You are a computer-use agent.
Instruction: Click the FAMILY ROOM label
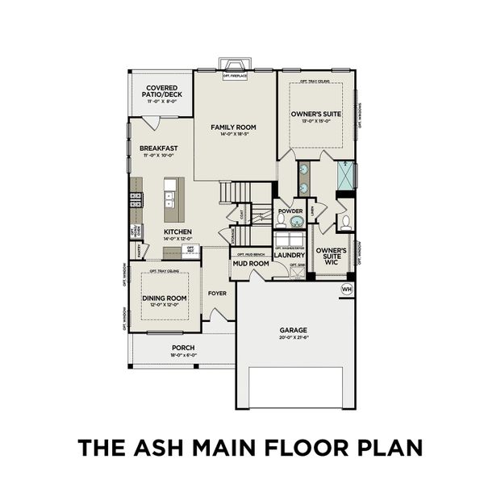233,127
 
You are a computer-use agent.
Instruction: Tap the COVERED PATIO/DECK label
163,91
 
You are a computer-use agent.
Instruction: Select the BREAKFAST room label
158,148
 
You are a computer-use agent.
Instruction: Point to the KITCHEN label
177,232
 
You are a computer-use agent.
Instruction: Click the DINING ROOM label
165,298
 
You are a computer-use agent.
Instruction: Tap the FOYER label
217,293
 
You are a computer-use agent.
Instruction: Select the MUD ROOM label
250,263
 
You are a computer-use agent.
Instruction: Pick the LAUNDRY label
289,256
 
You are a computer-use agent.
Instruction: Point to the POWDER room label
290,211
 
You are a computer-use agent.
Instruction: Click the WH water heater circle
348,289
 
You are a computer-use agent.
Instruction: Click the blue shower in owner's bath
345,175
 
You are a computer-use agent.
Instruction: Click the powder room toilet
281,221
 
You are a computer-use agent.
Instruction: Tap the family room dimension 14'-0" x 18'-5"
233,135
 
